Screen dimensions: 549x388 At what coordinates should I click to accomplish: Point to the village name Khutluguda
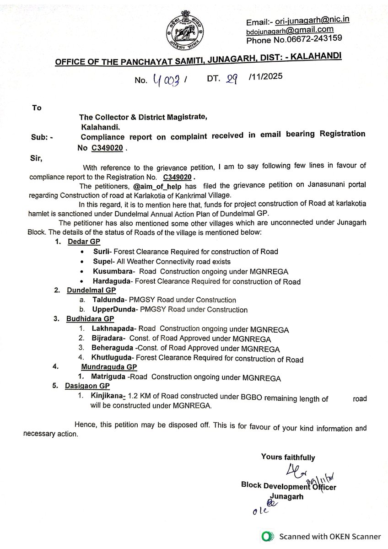coord(111,359)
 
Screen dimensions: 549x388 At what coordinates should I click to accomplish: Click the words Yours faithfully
coord(288,457)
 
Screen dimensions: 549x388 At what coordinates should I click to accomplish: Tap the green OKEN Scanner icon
coord(268,536)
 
